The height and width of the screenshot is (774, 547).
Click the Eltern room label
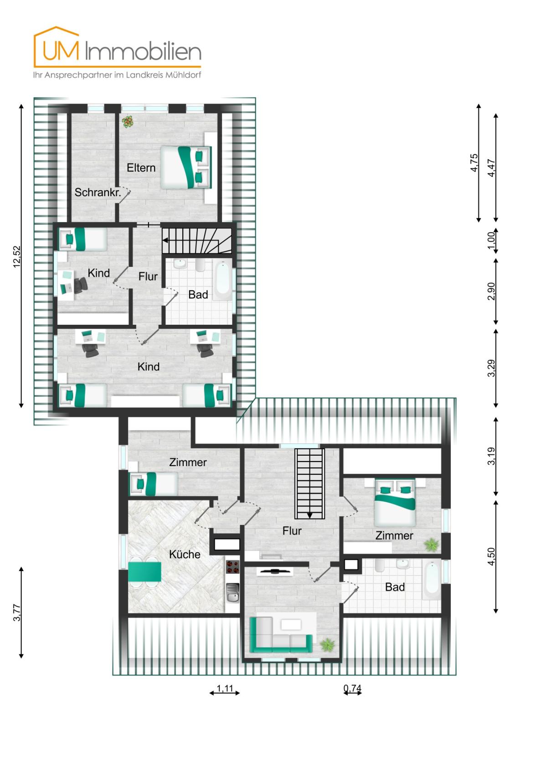click(x=141, y=168)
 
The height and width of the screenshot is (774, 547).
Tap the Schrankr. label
click(x=98, y=192)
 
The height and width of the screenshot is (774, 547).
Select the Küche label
click(x=185, y=554)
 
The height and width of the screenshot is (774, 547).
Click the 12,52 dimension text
click(x=17, y=256)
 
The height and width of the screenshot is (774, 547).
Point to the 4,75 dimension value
click(x=474, y=162)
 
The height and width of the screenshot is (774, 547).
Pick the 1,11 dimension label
click(x=225, y=688)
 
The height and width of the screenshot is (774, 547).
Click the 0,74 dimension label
click(x=352, y=688)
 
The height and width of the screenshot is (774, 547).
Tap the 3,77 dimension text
click(x=17, y=612)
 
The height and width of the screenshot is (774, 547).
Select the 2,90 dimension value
click(x=491, y=291)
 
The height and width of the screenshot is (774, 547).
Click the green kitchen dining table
click(x=144, y=571)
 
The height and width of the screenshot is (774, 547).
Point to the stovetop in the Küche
click(x=232, y=567)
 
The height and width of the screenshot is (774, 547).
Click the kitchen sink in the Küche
click(x=232, y=593)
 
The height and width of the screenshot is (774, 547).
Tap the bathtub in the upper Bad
click(x=223, y=280)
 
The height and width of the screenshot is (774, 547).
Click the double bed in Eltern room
click(x=186, y=167)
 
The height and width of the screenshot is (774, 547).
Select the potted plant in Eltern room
click(x=128, y=122)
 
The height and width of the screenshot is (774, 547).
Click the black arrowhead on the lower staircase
click(x=310, y=515)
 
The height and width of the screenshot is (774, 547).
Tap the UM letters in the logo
click(x=61, y=51)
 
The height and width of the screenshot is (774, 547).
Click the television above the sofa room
click(x=275, y=571)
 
